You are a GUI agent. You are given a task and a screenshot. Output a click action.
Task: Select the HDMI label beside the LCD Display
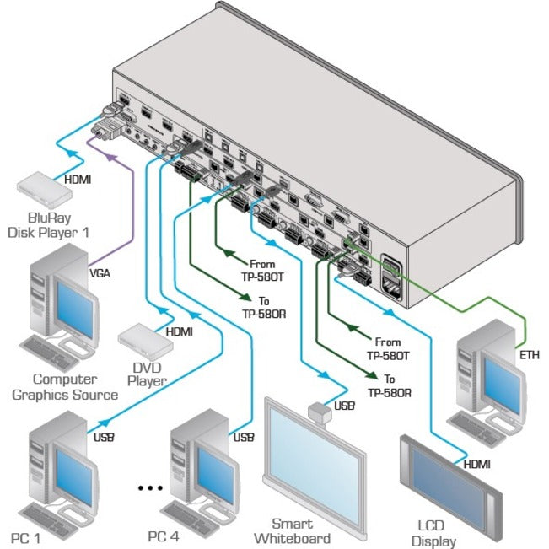474,464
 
